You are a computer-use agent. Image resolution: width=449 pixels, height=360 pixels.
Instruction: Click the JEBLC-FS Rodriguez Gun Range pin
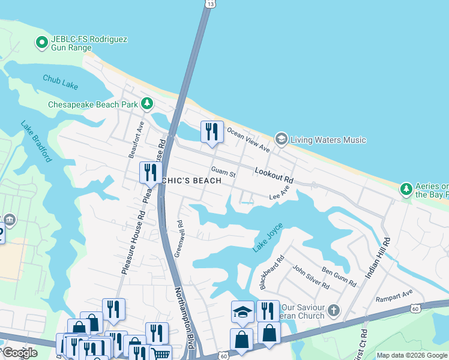[x=41, y=42]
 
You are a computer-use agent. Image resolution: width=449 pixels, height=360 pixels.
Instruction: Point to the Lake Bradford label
[x=36, y=142]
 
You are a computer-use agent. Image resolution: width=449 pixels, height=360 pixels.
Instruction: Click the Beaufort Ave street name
[x=136, y=139]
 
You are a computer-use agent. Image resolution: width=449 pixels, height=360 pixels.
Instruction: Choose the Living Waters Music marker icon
[x=281, y=139]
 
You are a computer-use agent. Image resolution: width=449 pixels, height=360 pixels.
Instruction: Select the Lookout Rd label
[x=274, y=175]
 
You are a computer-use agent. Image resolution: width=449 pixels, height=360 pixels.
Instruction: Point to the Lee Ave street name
[x=280, y=192]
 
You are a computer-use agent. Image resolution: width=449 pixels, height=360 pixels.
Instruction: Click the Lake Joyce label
[x=268, y=238]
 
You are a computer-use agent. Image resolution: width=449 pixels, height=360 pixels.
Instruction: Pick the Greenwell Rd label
[x=178, y=239]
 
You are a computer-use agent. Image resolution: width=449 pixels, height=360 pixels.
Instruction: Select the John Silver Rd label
[x=310, y=277]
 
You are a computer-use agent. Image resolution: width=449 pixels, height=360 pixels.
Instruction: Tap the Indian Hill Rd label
[x=378, y=258]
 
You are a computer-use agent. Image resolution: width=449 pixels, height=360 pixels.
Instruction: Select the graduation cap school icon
[x=243, y=311]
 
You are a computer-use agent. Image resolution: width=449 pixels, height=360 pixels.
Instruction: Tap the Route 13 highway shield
[x=209, y=4]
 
